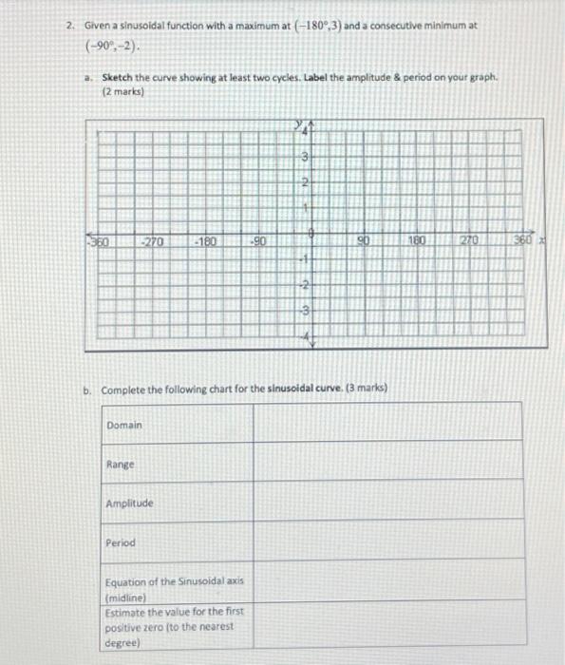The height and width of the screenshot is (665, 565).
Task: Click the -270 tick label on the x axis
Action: [x=154, y=242]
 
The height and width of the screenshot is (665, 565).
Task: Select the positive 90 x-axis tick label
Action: [x=364, y=242]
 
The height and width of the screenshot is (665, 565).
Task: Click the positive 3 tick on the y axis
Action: [x=306, y=158]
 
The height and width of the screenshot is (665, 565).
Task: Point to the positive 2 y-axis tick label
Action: [x=306, y=181]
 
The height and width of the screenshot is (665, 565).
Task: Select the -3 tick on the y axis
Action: [x=306, y=309]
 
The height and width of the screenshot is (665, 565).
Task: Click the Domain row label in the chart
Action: [x=124, y=425]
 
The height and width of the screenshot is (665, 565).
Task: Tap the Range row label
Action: [x=121, y=465]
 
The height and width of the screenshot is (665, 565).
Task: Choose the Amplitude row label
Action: [x=130, y=503]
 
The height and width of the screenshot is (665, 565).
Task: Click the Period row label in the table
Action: [x=122, y=543]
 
